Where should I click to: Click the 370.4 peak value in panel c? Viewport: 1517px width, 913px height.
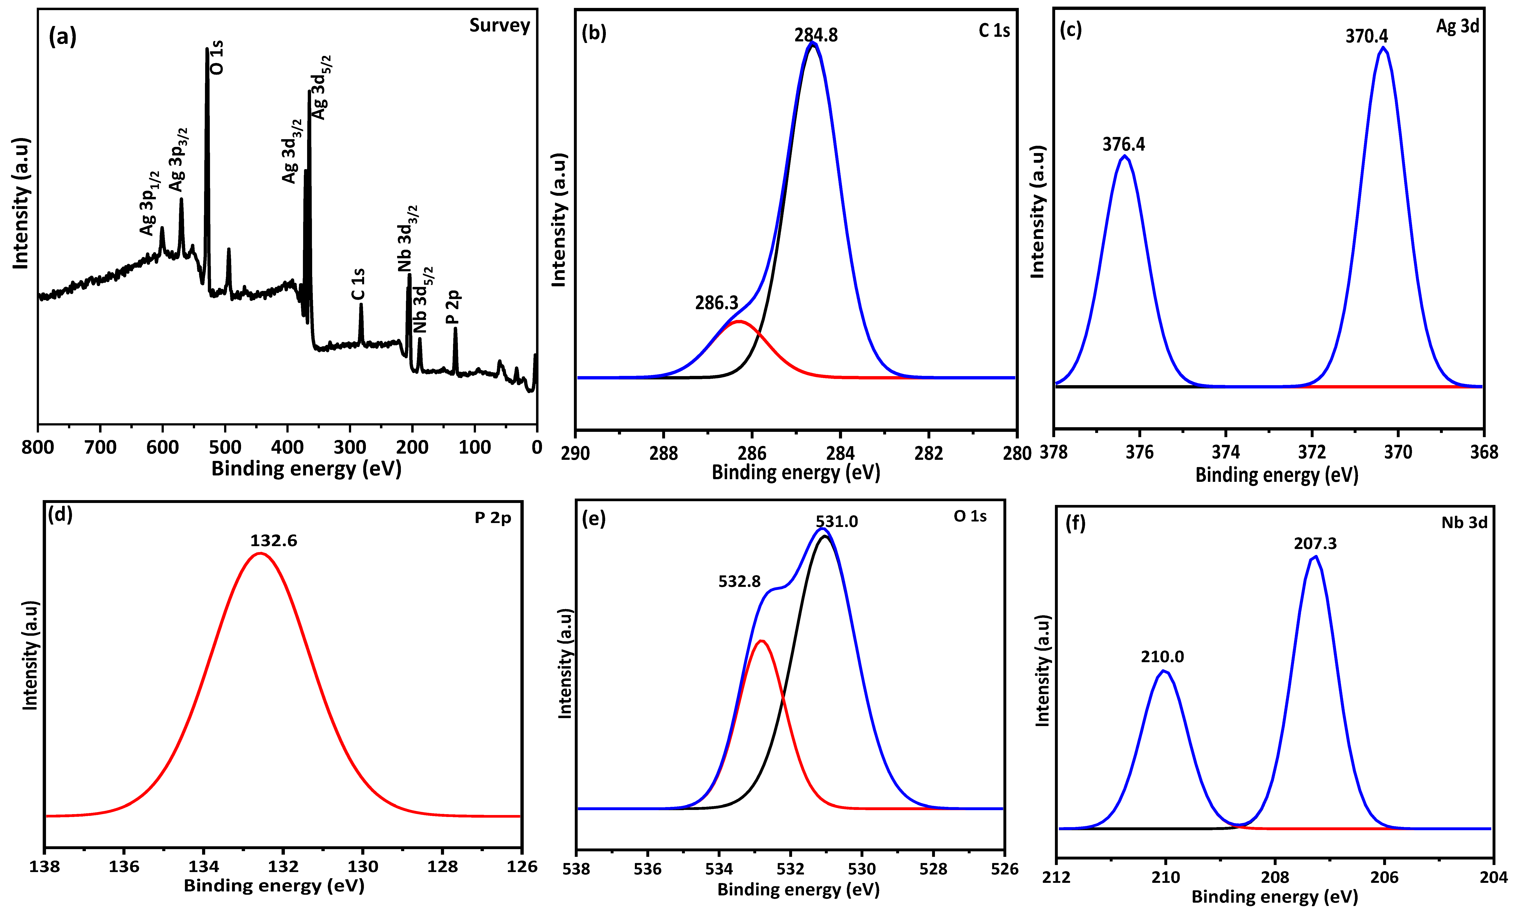(1366, 36)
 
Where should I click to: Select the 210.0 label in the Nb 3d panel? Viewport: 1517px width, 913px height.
(1162, 657)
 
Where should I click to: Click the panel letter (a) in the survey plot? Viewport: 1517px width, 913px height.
(62, 37)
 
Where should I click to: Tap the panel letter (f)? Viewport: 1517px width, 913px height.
(1075, 524)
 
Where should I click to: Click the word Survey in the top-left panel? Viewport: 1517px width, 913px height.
(499, 26)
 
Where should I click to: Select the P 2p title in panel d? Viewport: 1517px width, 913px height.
(492, 518)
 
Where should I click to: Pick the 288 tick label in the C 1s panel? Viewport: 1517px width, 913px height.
(664, 453)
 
